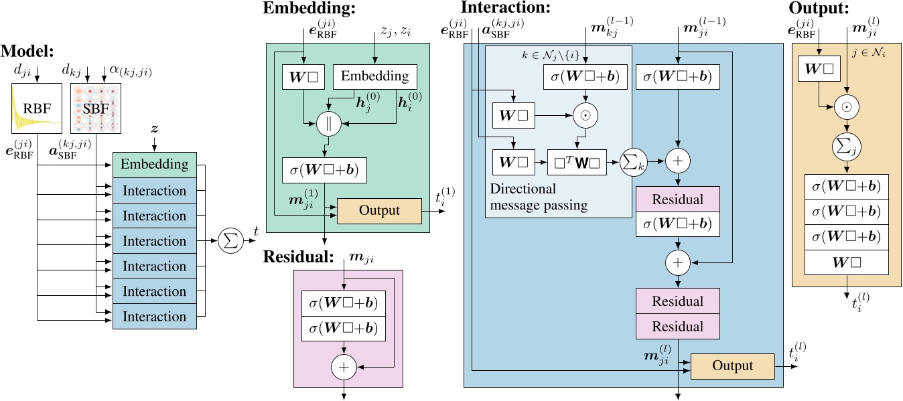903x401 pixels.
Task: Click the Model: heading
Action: [x=29, y=51]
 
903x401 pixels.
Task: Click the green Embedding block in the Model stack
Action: [x=154, y=165]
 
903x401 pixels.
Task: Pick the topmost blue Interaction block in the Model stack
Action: [x=154, y=191]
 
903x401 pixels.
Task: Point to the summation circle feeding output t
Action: [x=231, y=241]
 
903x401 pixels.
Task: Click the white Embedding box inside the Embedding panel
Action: [x=375, y=77]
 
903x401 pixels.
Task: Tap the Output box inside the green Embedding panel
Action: [x=378, y=210]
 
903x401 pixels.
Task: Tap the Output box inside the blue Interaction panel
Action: [x=732, y=366]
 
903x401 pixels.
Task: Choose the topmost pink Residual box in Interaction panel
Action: [x=677, y=199]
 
